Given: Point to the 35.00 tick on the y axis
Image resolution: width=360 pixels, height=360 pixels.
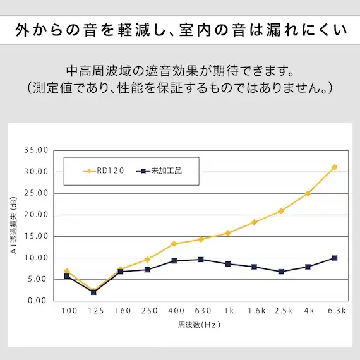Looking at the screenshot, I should [36, 150].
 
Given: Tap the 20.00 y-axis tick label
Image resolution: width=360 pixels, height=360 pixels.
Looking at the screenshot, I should [36, 215].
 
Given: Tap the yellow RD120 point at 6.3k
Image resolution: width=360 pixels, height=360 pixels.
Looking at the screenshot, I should [334, 167].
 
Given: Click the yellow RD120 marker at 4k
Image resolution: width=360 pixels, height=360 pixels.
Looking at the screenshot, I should [308, 193].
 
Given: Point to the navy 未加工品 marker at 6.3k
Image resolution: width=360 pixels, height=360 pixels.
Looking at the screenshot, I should [334, 258].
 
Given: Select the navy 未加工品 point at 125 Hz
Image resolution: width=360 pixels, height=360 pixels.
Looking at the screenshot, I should [93, 292].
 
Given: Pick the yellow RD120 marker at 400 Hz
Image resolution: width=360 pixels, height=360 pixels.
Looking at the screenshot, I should [174, 244].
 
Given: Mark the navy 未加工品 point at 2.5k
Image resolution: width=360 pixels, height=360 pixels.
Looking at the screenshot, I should [281, 272].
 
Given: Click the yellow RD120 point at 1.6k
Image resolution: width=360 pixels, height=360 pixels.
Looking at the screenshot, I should [254, 222].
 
